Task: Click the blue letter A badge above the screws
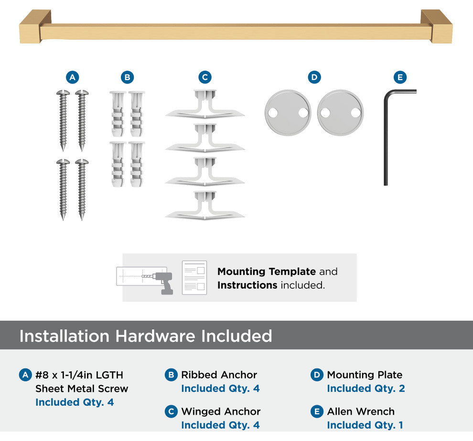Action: click(x=73, y=77)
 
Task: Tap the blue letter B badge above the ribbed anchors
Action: click(x=127, y=77)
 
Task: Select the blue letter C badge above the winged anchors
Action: click(x=205, y=77)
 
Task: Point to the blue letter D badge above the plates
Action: click(x=314, y=77)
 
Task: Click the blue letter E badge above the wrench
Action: click(x=400, y=77)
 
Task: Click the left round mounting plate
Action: click(x=288, y=113)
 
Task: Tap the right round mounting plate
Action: click(x=340, y=113)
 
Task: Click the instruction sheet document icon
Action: click(x=194, y=278)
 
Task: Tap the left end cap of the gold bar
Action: click(x=34, y=27)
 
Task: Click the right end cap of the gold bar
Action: click(x=437, y=27)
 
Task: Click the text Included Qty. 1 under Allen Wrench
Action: click(x=365, y=425)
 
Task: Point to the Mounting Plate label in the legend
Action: click(x=365, y=375)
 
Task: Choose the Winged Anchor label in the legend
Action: click(x=221, y=411)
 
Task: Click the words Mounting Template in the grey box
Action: click(x=267, y=272)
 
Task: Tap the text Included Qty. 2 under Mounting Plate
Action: click(x=366, y=388)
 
